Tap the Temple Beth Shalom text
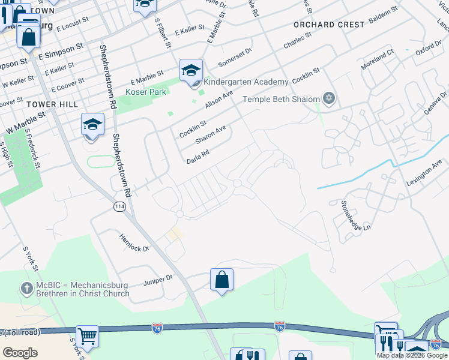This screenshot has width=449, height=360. [280, 100]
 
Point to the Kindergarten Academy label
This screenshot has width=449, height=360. [246, 82]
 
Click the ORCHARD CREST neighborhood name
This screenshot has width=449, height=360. [329, 25]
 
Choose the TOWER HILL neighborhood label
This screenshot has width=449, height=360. [52, 104]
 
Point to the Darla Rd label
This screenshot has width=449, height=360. [197, 157]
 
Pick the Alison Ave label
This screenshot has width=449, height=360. [219, 100]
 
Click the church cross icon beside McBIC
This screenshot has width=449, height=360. [26, 289]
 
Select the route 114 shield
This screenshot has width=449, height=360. [119, 206]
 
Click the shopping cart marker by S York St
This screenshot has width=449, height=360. [88, 337]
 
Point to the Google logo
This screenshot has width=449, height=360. [20, 353]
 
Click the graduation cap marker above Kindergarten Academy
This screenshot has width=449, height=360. [191, 71]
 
